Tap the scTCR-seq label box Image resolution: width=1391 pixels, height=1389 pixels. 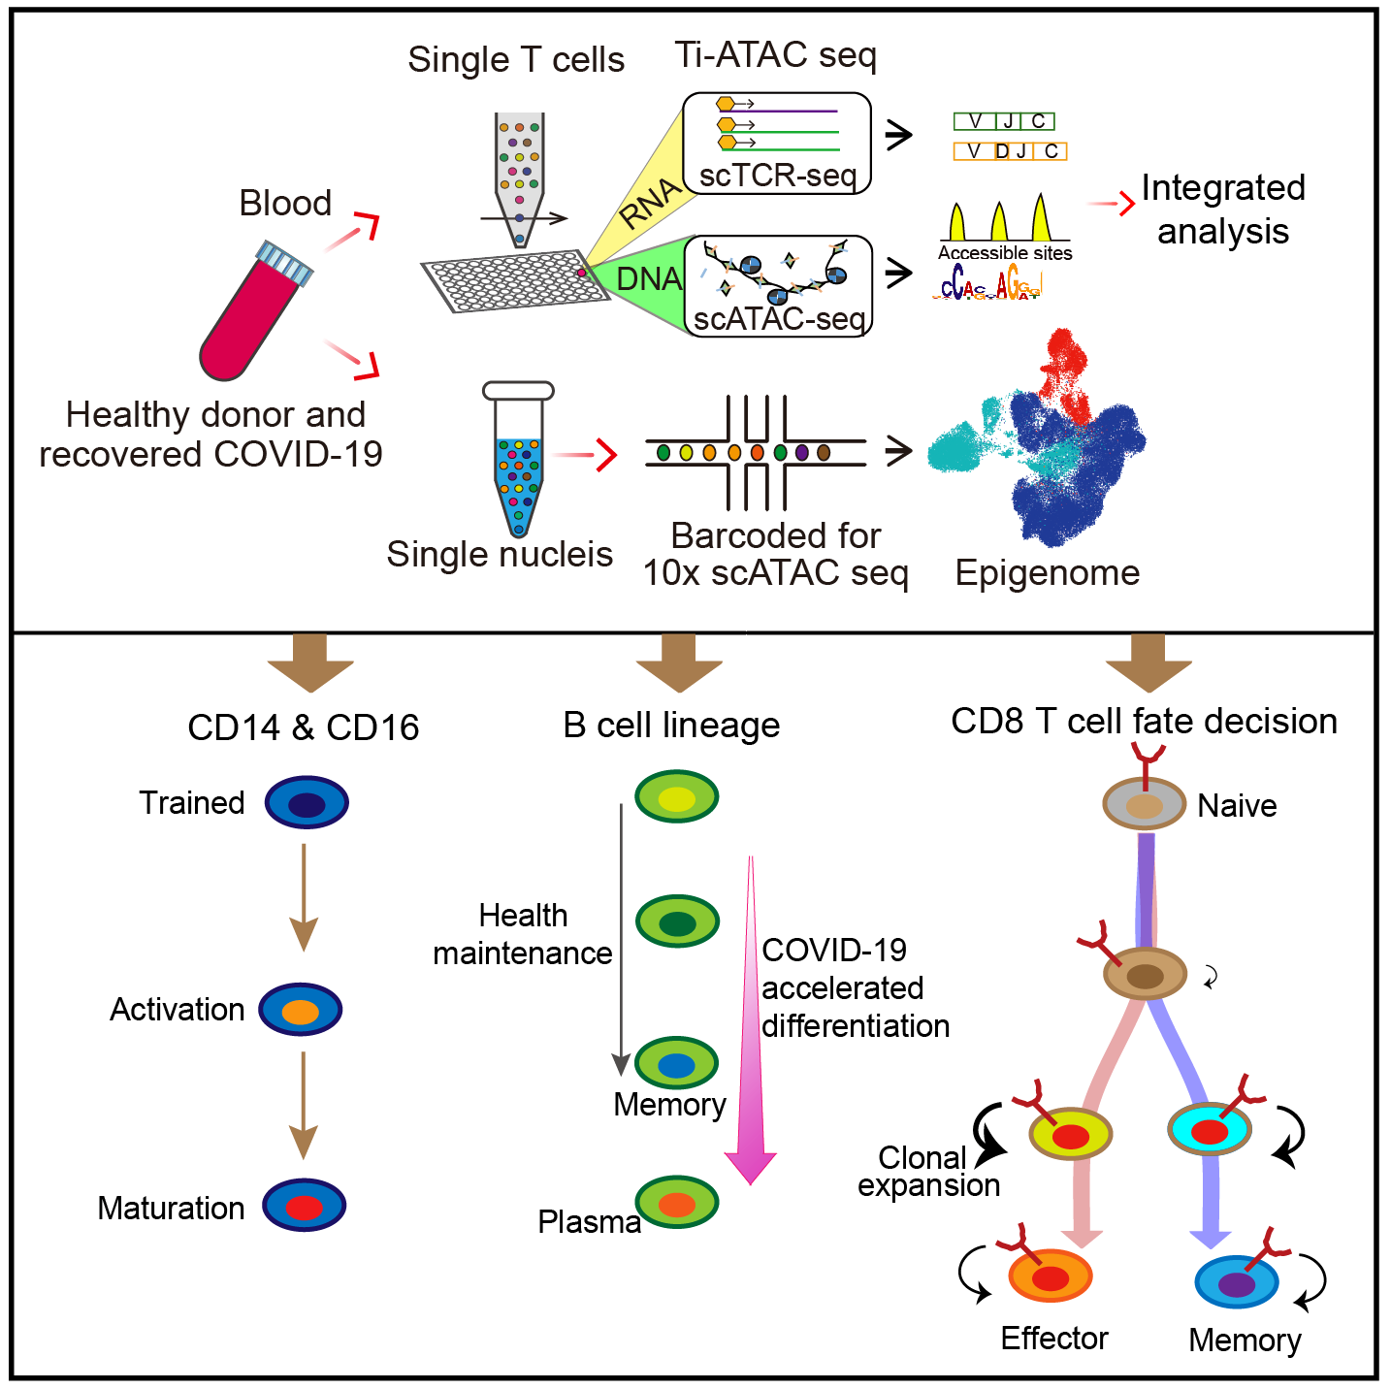pos(777,144)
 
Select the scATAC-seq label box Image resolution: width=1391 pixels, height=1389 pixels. pos(779,287)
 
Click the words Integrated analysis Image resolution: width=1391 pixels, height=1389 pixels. pos(1222,210)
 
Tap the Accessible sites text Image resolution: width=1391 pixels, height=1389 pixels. pos(1005,253)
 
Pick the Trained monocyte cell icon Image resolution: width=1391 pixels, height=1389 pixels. pos(307,803)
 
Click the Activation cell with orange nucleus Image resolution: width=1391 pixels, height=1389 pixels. pos(301,1010)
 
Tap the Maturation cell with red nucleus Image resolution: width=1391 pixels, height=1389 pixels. pos(305,1206)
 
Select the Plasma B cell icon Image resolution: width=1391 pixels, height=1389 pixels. pos(677,1203)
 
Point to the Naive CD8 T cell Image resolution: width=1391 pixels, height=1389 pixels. pos(1145,804)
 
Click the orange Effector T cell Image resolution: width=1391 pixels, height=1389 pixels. pos(1051,1276)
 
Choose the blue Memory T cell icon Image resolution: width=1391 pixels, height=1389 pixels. pos(1237,1282)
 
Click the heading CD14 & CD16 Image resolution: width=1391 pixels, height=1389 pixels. pos(304,727)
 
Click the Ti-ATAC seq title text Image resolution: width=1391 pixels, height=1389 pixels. pos(775,55)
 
